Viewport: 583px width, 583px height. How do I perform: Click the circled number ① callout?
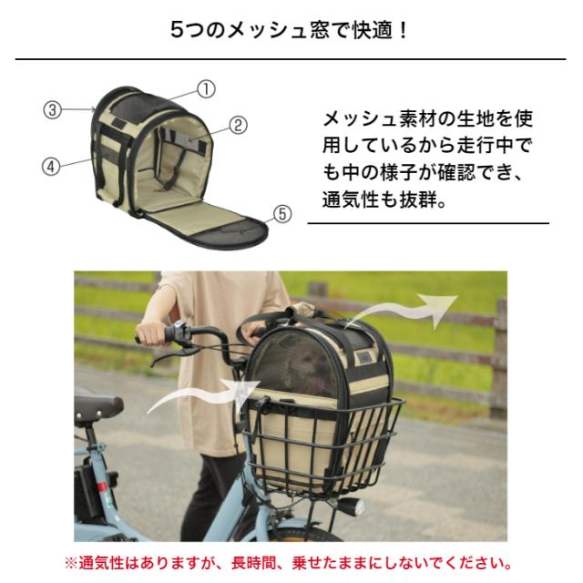pos(207,89)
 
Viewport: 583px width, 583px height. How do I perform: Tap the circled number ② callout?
pos(238,126)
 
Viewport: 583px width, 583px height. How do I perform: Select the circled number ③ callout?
pos(53,108)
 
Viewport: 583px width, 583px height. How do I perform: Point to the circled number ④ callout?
pos(52,166)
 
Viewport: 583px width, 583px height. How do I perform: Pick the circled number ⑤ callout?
pos(282,214)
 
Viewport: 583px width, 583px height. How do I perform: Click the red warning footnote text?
pos(291,562)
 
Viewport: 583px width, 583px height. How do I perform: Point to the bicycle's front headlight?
pos(349,506)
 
